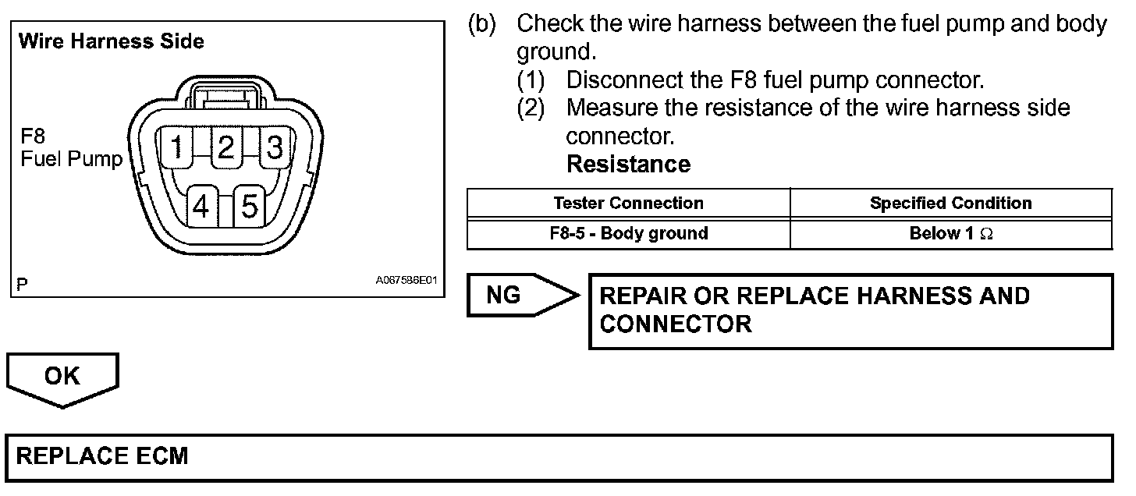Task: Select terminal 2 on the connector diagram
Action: click(226, 146)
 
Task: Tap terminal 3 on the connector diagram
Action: click(275, 146)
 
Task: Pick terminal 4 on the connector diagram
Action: click(201, 206)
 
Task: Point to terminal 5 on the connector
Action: click(250, 206)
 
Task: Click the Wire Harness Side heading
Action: click(111, 41)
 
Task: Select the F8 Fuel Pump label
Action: click(71, 148)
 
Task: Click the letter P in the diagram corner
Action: click(23, 285)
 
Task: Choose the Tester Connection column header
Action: click(628, 204)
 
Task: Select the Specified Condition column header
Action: click(950, 204)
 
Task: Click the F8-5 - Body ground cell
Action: click(628, 233)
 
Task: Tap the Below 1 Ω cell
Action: click(950, 233)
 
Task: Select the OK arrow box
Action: click(62, 377)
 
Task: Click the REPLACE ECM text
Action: click(102, 455)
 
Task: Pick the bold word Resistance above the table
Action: click(628, 165)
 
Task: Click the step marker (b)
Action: click(481, 23)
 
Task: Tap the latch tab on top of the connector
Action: click(226, 96)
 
